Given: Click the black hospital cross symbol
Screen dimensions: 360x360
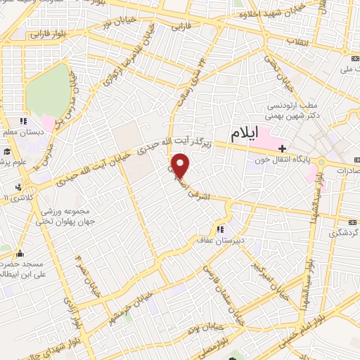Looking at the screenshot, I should pos(282,148).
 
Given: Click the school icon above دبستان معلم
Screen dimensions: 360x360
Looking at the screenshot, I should pos(22,121).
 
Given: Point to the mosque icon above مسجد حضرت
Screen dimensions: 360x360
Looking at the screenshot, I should pos(19,254).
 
